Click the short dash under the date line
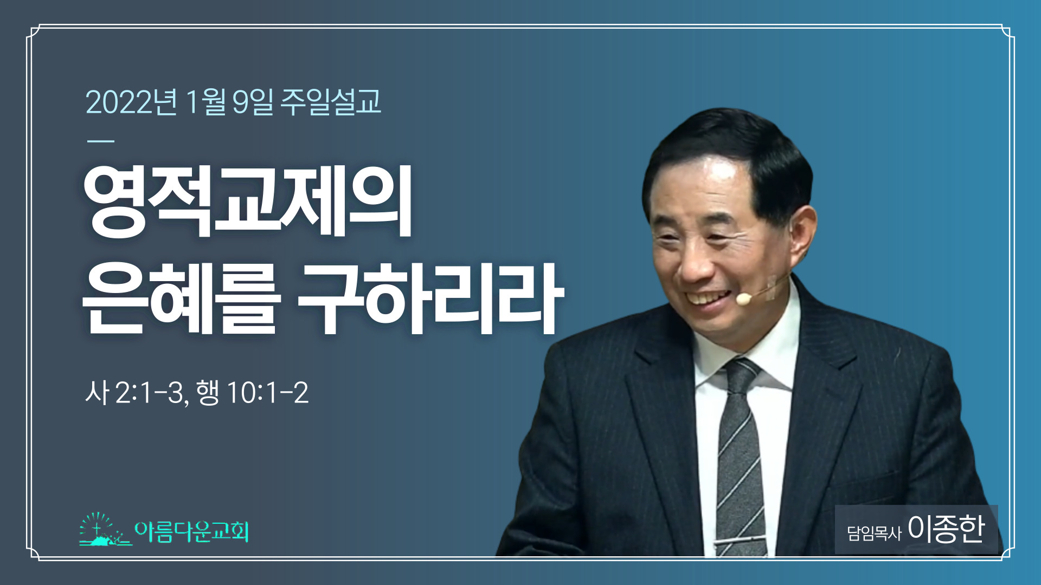click(101, 141)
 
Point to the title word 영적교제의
click(248, 201)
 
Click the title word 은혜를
click(181, 298)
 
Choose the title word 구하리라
click(431, 298)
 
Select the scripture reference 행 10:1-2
click(252, 393)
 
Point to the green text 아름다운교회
click(192, 531)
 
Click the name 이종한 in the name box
click(946, 529)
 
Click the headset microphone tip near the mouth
click(743, 298)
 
